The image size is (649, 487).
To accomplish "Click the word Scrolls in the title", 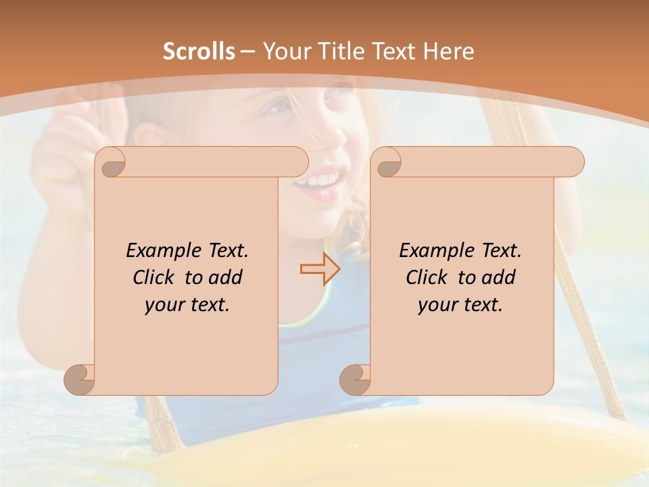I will (199, 51).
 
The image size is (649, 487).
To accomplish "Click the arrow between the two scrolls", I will (320, 269).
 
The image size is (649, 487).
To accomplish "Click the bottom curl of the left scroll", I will (80, 379).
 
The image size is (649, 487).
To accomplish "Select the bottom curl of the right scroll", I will (356, 379).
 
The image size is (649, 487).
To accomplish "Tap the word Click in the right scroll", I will (427, 277).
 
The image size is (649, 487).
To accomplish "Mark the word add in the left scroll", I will (226, 277).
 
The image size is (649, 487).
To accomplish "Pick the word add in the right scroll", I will (500, 277).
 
